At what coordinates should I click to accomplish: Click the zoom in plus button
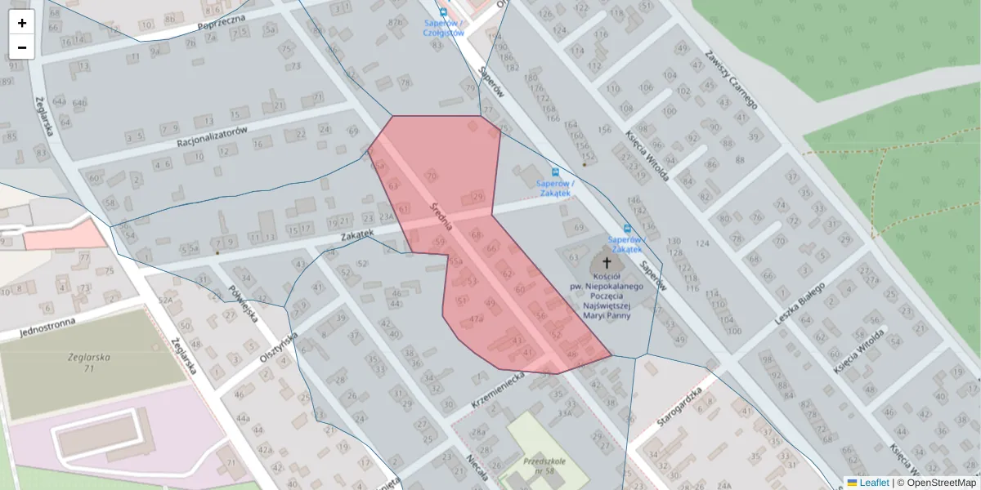(22, 23)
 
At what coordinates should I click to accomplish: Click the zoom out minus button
(22, 47)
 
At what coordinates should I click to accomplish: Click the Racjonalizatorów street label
(211, 136)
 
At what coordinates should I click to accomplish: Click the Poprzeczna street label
(222, 25)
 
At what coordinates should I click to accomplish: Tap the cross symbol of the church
(607, 263)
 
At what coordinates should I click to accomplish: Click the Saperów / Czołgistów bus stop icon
(443, 12)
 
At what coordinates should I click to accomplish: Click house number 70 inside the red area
(432, 176)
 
